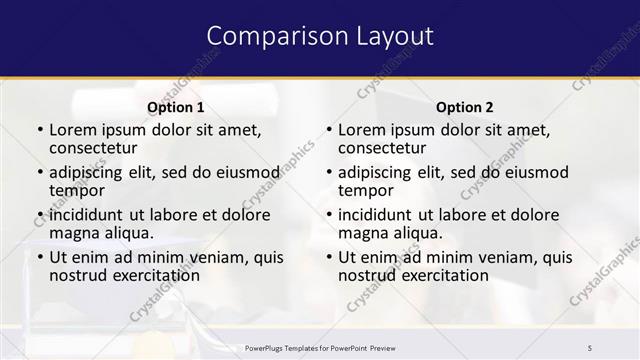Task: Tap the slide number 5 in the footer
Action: (x=590, y=347)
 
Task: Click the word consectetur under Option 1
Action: (x=96, y=149)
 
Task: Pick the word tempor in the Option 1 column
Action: (x=76, y=191)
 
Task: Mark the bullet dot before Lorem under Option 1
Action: (x=40, y=130)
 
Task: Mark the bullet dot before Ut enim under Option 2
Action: (x=329, y=257)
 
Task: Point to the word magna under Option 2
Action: (x=361, y=233)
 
